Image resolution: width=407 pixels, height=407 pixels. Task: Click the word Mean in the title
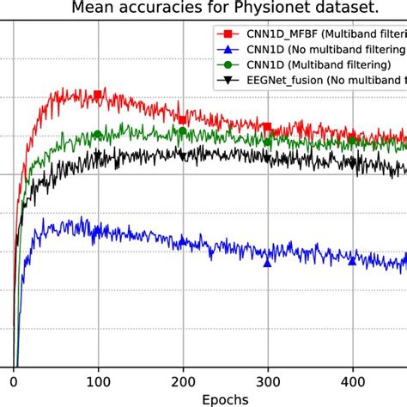[94, 8]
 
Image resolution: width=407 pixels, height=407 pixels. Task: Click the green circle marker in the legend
[228, 65]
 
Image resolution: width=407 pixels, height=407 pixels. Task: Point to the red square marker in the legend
[228, 33]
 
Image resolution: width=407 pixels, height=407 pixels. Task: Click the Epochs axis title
[226, 398]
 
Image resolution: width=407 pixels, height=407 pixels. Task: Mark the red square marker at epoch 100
[98, 94]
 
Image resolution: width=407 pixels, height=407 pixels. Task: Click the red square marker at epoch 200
[183, 119]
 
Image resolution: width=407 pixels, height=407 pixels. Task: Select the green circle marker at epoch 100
[98, 135]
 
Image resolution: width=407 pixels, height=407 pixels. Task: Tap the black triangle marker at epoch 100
[98, 155]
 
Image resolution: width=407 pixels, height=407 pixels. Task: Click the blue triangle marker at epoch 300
[267, 263]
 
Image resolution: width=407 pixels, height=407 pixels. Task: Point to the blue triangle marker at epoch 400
[352, 260]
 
